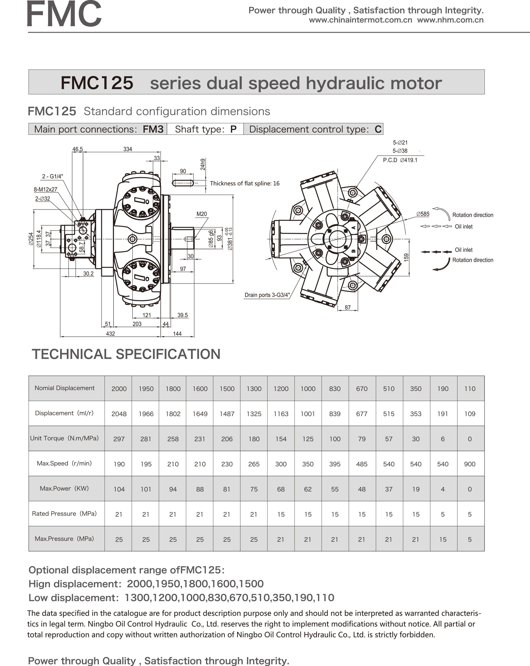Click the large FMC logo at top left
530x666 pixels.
click(64, 14)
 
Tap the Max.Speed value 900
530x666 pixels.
click(469, 464)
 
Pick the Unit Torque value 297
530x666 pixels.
click(119, 439)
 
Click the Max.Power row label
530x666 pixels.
click(64, 488)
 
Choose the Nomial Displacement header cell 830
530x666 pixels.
click(335, 389)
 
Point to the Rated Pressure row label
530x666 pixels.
click(64, 513)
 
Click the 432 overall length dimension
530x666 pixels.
click(110, 334)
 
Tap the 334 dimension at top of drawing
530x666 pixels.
click(127, 149)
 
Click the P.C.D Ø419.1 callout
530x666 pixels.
click(400, 160)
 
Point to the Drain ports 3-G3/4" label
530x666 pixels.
click(267, 295)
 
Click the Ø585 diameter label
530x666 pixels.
click(422, 214)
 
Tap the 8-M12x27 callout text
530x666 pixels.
click(46, 189)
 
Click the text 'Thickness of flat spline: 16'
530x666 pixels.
click(245, 184)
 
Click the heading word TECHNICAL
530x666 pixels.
click(71, 354)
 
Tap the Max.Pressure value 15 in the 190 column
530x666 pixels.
click(443, 539)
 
